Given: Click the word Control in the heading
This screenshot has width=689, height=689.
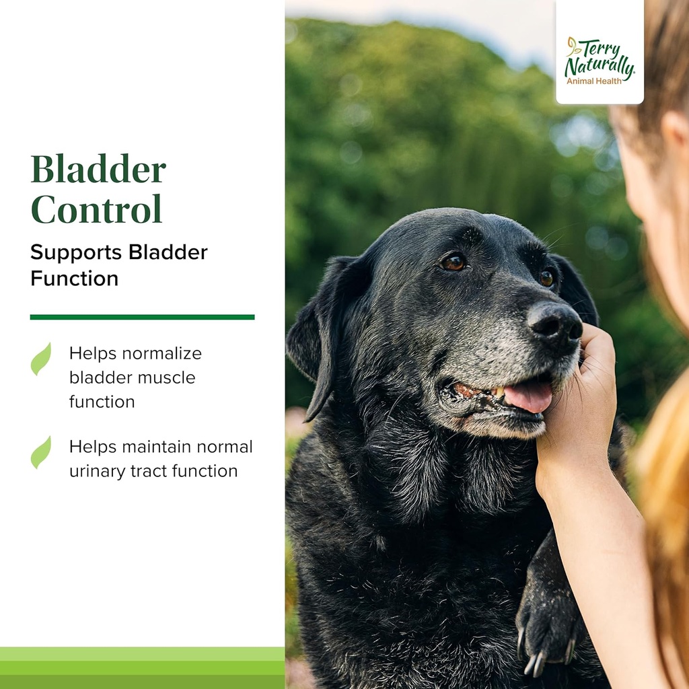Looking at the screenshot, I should [x=96, y=209].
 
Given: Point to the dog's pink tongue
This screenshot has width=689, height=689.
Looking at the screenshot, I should [x=529, y=396].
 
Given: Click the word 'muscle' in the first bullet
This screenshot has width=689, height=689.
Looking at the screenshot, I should [x=166, y=377].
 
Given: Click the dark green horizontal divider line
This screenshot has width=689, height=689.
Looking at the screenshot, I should [x=142, y=317].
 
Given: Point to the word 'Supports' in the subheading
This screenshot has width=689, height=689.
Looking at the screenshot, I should [x=76, y=252].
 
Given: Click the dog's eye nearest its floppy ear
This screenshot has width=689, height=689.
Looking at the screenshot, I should [x=453, y=262].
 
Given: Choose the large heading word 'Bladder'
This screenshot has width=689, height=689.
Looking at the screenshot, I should [x=98, y=169].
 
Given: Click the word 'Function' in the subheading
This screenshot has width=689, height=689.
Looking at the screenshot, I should [x=74, y=279].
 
